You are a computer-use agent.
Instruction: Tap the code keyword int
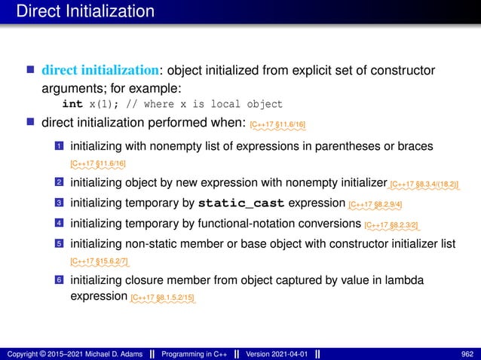(72, 104)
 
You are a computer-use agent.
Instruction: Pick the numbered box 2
(59, 182)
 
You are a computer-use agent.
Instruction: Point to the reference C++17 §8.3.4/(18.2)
(426, 183)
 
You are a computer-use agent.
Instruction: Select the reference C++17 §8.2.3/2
(391, 224)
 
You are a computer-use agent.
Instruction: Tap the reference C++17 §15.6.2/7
(99, 261)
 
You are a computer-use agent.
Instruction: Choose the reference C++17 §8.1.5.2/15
(163, 298)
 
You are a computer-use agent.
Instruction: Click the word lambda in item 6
(403, 280)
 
